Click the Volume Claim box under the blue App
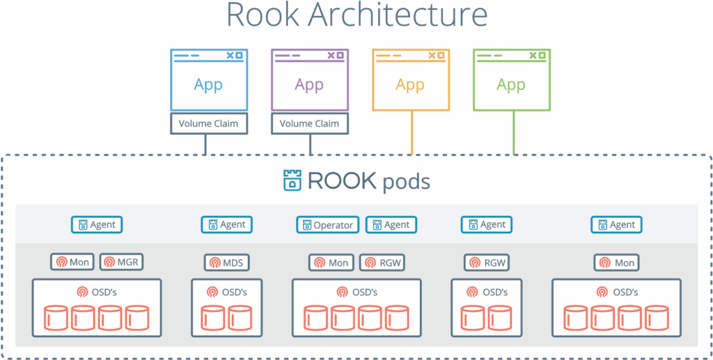(208, 124)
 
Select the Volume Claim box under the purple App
(309, 124)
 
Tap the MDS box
(227, 263)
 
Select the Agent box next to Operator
(391, 225)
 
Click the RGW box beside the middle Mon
(382, 263)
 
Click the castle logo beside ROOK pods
(292, 180)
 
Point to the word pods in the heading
(406, 182)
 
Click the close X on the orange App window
(432, 55)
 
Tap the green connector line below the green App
(514, 132)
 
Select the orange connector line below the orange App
(412, 132)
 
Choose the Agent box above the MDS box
(227, 225)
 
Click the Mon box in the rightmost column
(617, 263)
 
